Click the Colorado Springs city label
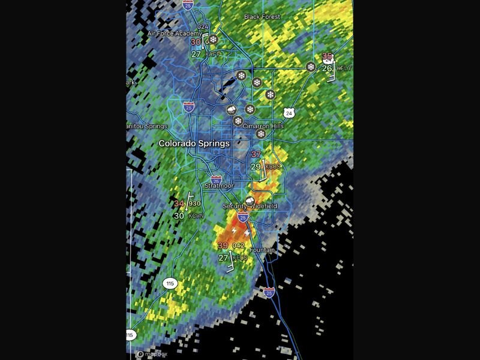[194, 144]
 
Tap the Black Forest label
[262, 17]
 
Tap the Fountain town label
[262, 250]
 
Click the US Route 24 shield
[289, 113]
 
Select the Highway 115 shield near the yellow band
[170, 283]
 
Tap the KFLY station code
[344, 68]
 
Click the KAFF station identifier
[212, 55]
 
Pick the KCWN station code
[196, 215]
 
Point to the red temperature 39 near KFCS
[223, 245]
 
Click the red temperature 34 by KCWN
[179, 204]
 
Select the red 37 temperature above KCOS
[256, 154]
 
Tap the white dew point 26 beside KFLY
[327, 68]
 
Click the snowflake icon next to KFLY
[311, 67]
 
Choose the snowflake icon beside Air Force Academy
[212, 40]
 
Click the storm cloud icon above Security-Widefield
[249, 200]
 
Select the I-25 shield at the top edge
[188, 3]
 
